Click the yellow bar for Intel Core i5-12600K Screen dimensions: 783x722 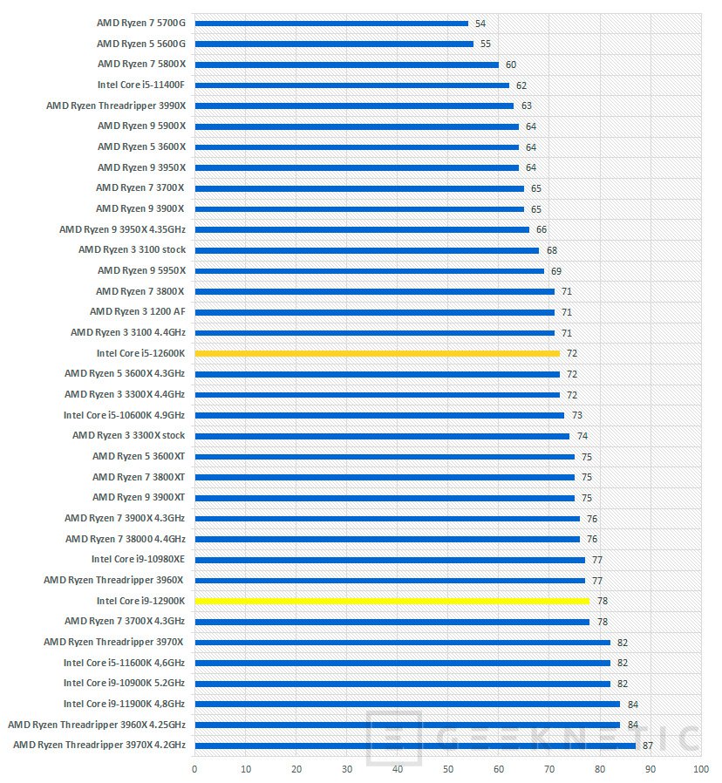[377, 353]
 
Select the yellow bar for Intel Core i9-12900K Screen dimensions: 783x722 [392, 601]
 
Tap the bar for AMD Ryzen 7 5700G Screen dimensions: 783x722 [330, 24]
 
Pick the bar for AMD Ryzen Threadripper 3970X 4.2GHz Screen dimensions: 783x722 [414, 746]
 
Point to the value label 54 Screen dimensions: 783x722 [480, 24]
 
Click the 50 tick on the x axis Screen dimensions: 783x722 [447, 769]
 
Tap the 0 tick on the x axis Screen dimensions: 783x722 [194, 769]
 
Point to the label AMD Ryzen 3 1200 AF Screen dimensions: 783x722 [137, 312]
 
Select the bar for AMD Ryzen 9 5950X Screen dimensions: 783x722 [369, 271]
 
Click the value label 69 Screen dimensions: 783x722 [556, 271]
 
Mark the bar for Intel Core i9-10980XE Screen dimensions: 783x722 [389, 560]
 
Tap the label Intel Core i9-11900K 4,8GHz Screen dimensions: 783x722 [124, 704]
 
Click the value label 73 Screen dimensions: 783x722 [576, 415]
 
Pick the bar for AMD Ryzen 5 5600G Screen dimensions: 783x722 [333, 44]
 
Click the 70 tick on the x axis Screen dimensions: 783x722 [548, 769]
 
